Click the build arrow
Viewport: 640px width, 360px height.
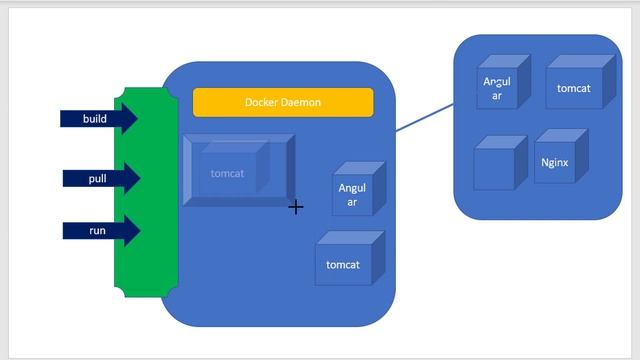[99, 118]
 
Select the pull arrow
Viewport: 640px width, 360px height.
[101, 178]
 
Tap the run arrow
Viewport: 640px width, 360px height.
[101, 231]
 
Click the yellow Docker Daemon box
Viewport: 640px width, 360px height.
[283, 102]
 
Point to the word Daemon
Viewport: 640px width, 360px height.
[302, 102]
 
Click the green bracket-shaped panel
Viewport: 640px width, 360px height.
[146, 192]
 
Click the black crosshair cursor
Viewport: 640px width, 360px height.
[296, 207]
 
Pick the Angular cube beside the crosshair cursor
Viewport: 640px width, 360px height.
[359, 189]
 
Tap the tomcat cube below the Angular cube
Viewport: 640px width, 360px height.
[350, 258]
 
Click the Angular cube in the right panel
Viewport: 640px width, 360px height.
[504, 82]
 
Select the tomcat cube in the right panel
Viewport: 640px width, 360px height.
[580, 82]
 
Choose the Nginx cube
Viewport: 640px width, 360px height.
[561, 156]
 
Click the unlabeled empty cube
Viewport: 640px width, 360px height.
[501, 163]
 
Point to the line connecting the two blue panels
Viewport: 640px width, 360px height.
[424, 118]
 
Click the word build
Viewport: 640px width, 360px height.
[95, 119]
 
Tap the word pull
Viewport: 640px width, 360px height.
[98, 179]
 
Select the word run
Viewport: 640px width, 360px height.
[98, 231]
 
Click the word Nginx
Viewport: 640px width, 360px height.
[555, 163]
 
